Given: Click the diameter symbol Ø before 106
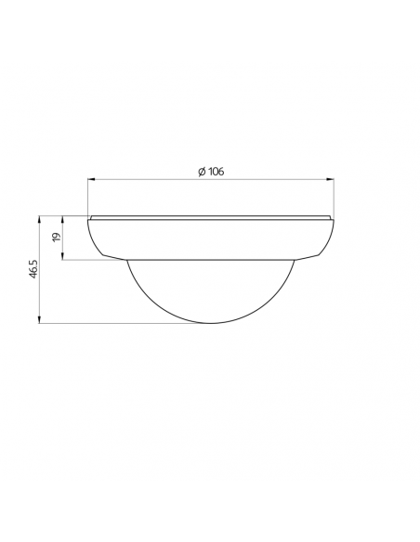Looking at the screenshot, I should pyautogui.click(x=202, y=171).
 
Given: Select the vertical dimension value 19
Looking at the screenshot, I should pyautogui.click(x=57, y=238).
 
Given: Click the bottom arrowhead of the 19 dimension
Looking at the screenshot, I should pyautogui.click(x=63, y=257).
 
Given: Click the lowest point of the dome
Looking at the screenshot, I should pyautogui.click(x=210, y=323).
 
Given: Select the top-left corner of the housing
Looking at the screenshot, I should pyautogui.click(x=89, y=217).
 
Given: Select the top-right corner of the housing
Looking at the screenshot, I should pyautogui.click(x=332, y=217).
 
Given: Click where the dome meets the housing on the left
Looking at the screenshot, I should pyautogui.click(x=125, y=259).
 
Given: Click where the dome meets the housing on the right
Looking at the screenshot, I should pyautogui.click(x=295, y=259).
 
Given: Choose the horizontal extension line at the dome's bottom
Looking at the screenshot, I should pyautogui.click(x=121, y=323).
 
